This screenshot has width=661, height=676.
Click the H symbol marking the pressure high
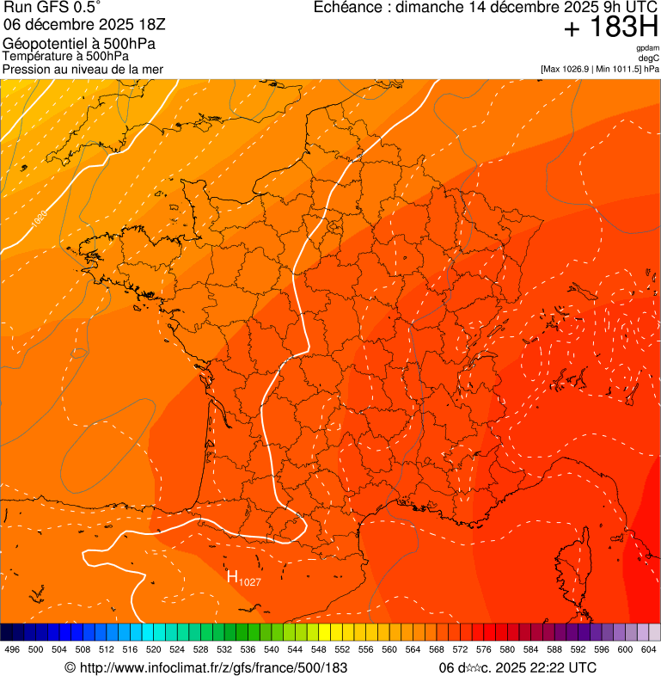[231, 577]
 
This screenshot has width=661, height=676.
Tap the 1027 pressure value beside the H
[249, 582]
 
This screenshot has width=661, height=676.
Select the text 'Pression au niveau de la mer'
[83, 69]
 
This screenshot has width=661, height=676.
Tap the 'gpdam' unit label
[647, 49]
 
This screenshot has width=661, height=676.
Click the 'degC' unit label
[649, 58]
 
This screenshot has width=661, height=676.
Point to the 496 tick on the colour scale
[12, 649]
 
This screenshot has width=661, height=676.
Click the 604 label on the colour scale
[649, 649]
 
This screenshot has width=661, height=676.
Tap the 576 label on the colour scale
[484, 649]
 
